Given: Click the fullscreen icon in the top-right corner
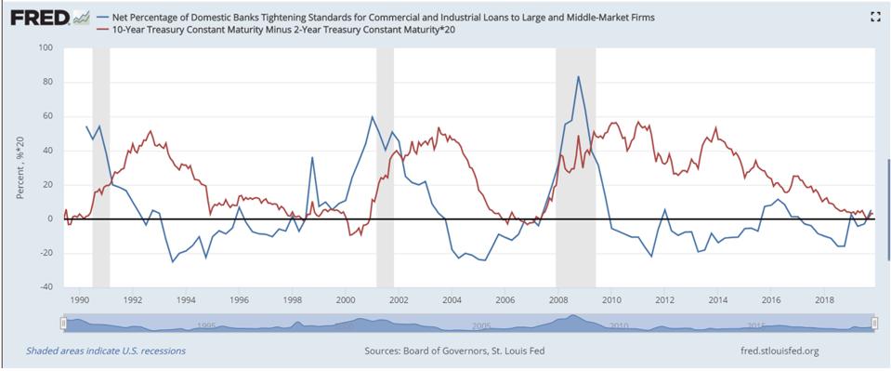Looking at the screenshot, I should pos(873,16).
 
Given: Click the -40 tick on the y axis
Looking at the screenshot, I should pos(45,287).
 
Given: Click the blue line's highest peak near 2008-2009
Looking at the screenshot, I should pos(579,76).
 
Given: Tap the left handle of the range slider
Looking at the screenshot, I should pos(63,323).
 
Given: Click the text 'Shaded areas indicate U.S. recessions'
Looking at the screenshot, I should pos(106,351).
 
